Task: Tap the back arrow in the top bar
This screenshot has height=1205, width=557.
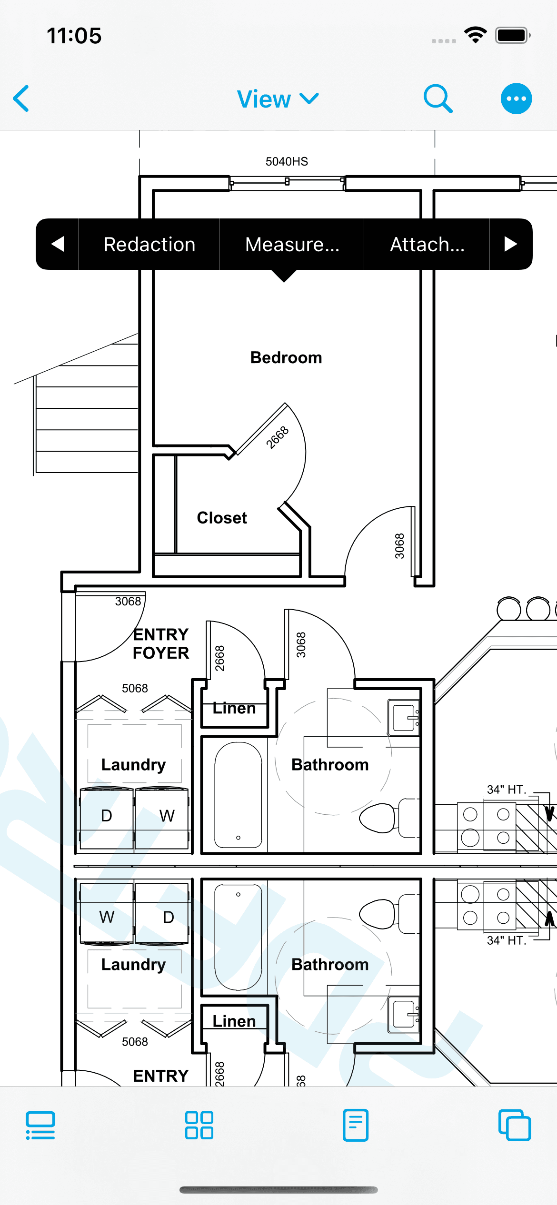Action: tap(21, 99)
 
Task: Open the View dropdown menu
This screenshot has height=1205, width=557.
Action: tap(278, 99)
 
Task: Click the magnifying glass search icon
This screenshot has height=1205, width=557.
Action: tap(438, 99)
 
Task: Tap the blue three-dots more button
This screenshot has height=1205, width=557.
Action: tap(516, 99)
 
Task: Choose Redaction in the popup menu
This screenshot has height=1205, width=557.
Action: tap(149, 244)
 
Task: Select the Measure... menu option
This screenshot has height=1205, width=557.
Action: tap(292, 244)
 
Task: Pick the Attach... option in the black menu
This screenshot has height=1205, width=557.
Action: tap(427, 244)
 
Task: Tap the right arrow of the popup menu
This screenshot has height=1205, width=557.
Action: tap(510, 244)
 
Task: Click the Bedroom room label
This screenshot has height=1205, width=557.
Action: tap(286, 357)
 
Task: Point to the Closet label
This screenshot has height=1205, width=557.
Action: tap(222, 518)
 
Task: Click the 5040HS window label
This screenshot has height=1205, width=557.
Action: tap(287, 161)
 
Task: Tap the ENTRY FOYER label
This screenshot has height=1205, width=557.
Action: tap(161, 643)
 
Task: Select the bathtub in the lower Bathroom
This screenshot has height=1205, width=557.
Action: tap(238, 937)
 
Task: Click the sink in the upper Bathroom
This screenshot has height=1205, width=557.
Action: tap(403, 718)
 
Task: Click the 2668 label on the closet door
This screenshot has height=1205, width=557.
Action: tap(277, 437)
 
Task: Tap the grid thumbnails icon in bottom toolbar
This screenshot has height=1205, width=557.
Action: tap(199, 1125)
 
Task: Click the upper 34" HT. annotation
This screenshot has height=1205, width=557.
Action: tap(507, 790)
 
